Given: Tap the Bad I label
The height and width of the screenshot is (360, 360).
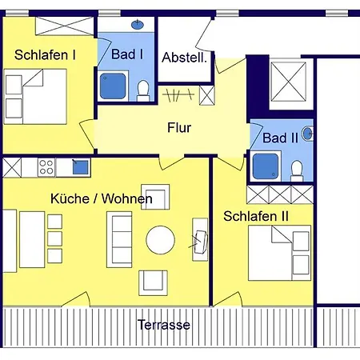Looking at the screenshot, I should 127,55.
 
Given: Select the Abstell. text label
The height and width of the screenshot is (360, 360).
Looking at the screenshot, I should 185,58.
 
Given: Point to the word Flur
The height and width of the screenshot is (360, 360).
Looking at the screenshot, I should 180,126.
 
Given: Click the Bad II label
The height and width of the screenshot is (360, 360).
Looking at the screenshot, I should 280,138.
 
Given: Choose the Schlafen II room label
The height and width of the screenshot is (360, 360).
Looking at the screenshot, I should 255,216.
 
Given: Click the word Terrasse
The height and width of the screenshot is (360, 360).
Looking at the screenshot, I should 163,325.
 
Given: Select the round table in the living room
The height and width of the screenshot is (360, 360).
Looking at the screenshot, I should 160,239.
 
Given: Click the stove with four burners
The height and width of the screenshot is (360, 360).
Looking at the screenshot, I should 46,167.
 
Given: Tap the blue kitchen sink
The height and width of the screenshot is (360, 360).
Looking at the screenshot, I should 80,166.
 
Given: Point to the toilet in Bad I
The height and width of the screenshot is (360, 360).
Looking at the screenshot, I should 143,92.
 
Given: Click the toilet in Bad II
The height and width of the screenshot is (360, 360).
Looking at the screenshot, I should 297,170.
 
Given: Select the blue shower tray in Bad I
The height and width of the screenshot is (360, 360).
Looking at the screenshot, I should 113,86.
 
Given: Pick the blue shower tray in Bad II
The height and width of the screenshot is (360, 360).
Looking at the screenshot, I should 266,166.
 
